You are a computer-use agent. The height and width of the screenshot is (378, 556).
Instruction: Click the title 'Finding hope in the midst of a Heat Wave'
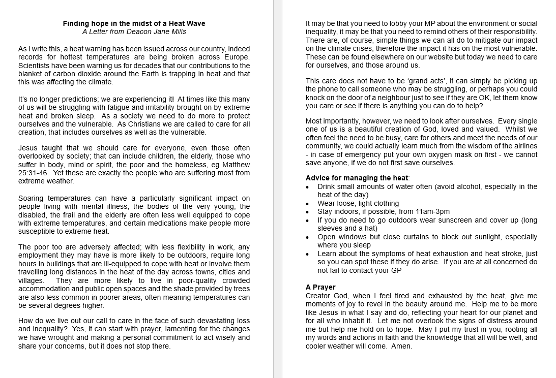click(x=134, y=23)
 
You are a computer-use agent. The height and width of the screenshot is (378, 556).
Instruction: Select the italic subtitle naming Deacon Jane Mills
click(x=134, y=31)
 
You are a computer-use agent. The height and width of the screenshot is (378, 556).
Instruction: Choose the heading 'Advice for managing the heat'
click(x=357, y=178)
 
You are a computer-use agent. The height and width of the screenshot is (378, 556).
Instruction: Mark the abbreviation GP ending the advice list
click(x=396, y=270)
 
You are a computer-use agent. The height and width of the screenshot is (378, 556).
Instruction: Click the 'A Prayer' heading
click(x=320, y=288)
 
